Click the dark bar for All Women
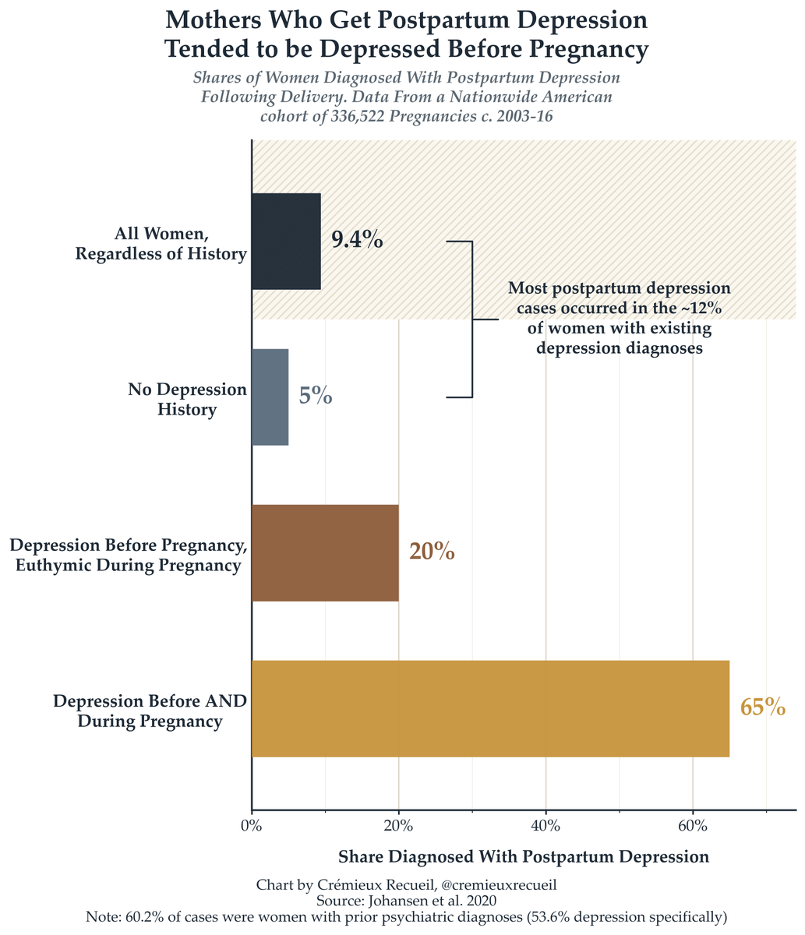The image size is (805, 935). pos(286,242)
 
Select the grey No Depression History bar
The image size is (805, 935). pos(270,397)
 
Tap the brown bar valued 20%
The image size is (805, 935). pos(325,552)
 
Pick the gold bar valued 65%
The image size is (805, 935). pos(490,708)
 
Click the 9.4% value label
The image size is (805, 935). pos(357,240)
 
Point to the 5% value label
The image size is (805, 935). pos(316,396)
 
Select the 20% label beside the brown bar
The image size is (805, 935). pos(432,552)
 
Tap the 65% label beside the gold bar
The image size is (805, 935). pos(762,707)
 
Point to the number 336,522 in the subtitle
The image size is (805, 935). pos(358,116)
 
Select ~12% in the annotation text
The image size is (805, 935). pos(701,308)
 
